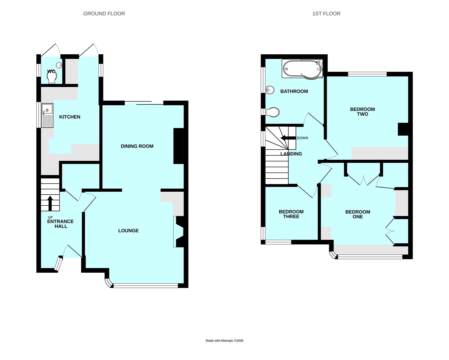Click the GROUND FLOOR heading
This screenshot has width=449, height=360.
click(104, 14)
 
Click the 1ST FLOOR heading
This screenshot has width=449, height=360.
click(326, 14)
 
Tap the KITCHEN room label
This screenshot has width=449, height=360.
click(70, 117)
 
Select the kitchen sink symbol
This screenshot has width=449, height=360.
click(47, 115)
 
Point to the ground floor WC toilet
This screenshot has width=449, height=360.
click(52, 78)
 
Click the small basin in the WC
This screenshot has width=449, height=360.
click(59, 65)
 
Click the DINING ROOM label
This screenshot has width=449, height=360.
click(137, 146)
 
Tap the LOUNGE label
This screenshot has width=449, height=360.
click(128, 231)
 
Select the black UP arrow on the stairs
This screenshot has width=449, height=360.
click(50, 203)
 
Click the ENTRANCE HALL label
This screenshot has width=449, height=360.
click(60, 224)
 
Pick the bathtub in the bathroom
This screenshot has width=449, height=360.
click(303, 69)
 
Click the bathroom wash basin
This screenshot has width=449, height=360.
click(270, 90)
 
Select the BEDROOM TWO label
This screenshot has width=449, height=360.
click(362, 112)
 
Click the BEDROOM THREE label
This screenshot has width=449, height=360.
click(291, 214)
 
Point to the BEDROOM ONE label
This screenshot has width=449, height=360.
click(357, 214)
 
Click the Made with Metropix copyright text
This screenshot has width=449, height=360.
click(224, 341)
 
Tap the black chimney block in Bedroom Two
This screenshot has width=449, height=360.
click(403, 129)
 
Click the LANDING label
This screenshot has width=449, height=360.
click(291, 154)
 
